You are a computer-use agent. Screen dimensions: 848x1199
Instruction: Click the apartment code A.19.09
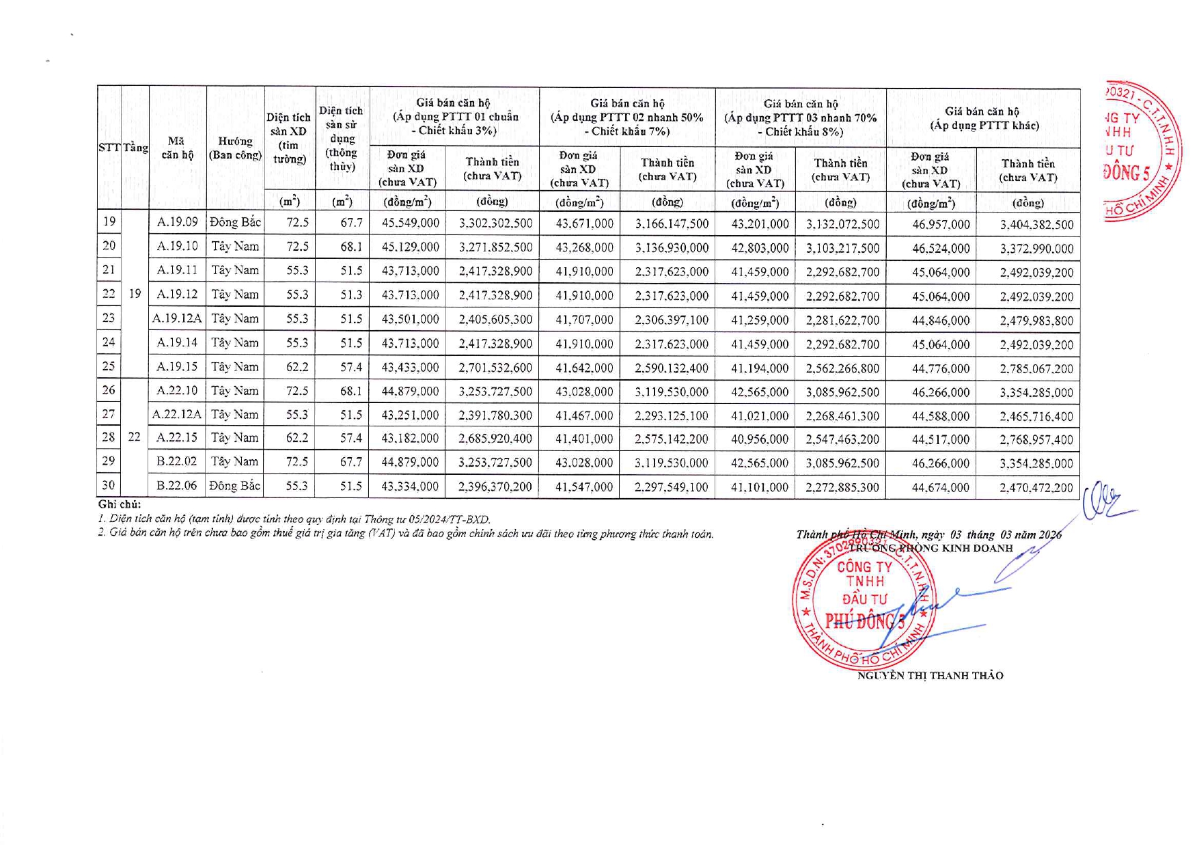pyautogui.click(x=177, y=222)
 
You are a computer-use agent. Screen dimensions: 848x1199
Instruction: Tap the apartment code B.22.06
pyautogui.click(x=176, y=486)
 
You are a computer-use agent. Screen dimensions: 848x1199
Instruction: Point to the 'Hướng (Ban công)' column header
pyautogui.click(x=235, y=148)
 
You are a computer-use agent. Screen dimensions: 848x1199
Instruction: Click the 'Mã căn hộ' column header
pyautogui.click(x=177, y=148)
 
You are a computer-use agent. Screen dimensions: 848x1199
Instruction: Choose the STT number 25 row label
pyautogui.click(x=109, y=366)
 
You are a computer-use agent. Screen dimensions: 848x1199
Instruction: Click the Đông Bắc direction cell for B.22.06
pyautogui.click(x=235, y=486)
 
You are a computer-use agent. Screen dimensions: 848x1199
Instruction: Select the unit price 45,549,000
pyautogui.click(x=410, y=223)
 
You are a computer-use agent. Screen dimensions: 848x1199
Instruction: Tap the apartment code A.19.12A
pyautogui.click(x=177, y=318)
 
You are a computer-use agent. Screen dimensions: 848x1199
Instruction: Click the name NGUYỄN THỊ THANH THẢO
pyautogui.click(x=930, y=676)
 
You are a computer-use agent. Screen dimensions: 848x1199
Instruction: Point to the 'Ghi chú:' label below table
pyautogui.click(x=120, y=505)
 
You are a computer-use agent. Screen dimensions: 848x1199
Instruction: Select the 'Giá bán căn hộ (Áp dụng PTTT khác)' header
pyautogui.click(x=983, y=118)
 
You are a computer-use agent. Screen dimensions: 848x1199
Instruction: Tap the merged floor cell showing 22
pyautogui.click(x=135, y=437)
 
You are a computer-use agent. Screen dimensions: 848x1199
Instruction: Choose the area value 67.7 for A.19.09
pyautogui.click(x=351, y=223)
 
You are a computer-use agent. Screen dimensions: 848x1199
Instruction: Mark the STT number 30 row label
pyautogui.click(x=109, y=486)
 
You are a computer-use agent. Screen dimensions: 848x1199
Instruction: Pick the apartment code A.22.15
pyautogui.click(x=177, y=438)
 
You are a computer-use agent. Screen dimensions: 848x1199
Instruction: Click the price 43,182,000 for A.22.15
pyautogui.click(x=410, y=439)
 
